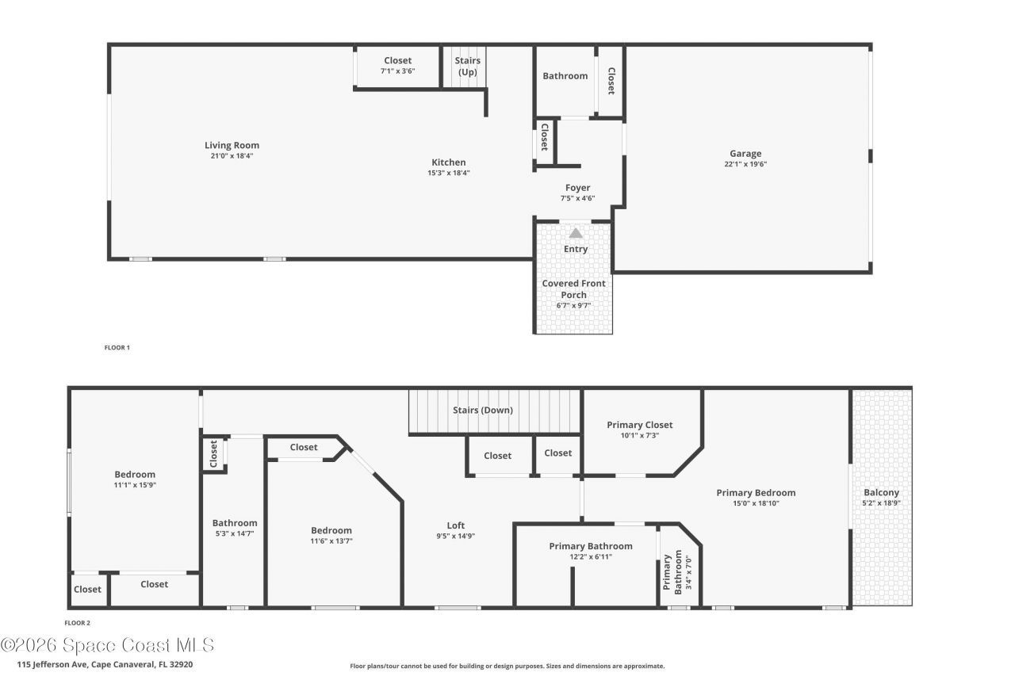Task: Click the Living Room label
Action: point(232,145)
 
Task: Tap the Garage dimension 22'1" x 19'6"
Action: point(745,165)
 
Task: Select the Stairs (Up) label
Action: point(467,67)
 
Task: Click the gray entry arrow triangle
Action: point(576,233)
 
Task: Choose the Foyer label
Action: point(577,188)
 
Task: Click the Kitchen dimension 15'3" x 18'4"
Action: point(448,173)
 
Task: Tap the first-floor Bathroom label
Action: point(565,76)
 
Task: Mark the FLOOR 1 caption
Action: point(117,347)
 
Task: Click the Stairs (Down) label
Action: point(483,410)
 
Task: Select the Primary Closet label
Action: point(639,425)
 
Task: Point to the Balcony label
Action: point(881,492)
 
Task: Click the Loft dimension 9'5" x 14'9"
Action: point(455,536)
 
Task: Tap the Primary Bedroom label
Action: point(756,493)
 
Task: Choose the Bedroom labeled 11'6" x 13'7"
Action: point(331,531)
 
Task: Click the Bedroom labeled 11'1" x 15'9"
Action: point(135,475)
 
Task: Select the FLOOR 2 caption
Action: point(78,623)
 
